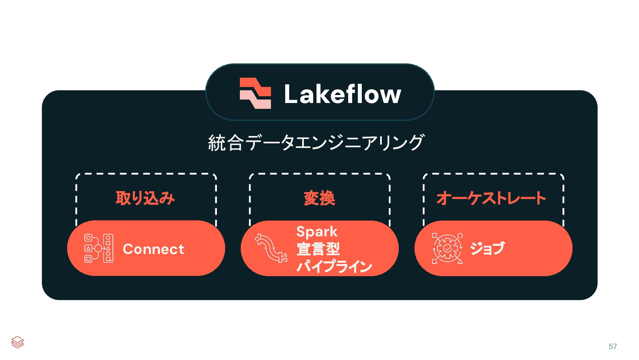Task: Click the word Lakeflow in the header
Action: (x=342, y=94)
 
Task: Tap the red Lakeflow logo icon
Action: (x=255, y=93)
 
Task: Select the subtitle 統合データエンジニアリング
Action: (x=316, y=143)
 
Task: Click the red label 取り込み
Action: (x=145, y=198)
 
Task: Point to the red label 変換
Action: (x=319, y=198)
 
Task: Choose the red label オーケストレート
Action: (x=491, y=198)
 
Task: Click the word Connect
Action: (x=153, y=249)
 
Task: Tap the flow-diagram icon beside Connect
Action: (x=99, y=248)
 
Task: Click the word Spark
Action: (x=317, y=232)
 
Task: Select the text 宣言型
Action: (x=318, y=249)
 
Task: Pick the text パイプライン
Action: (x=334, y=266)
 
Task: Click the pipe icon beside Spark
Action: (x=271, y=248)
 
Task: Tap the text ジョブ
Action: (x=487, y=248)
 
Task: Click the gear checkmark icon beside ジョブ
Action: (x=447, y=248)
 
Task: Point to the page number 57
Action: (x=613, y=346)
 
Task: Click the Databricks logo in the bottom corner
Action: (x=17, y=342)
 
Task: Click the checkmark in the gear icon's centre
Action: (x=447, y=248)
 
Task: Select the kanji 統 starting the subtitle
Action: (x=217, y=143)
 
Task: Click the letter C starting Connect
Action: (x=128, y=249)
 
